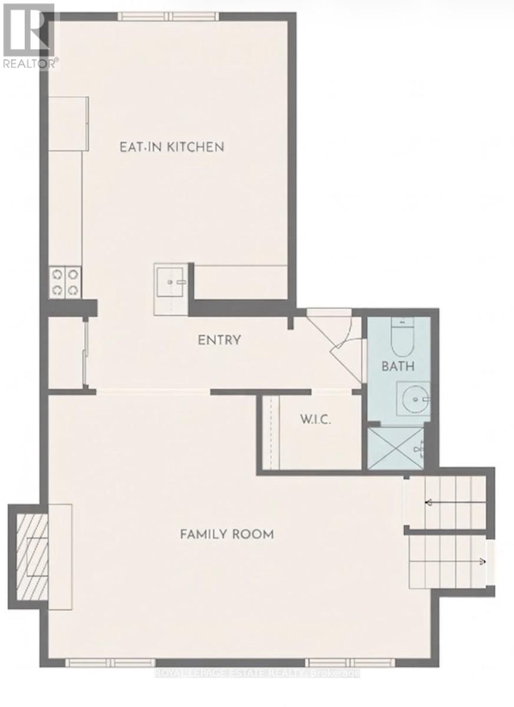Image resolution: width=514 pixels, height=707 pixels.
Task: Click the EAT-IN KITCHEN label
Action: click(172, 147)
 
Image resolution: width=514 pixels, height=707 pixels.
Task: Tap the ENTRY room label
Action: click(219, 340)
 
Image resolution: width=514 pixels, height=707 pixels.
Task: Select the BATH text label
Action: click(398, 366)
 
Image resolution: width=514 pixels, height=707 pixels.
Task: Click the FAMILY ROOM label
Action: click(227, 534)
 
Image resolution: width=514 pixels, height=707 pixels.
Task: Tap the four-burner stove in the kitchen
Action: click(64, 282)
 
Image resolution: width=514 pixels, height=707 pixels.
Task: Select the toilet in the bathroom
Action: click(403, 336)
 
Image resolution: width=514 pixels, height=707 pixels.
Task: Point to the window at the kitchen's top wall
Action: click(168, 16)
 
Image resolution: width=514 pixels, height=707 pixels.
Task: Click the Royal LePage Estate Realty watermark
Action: click(257, 673)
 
